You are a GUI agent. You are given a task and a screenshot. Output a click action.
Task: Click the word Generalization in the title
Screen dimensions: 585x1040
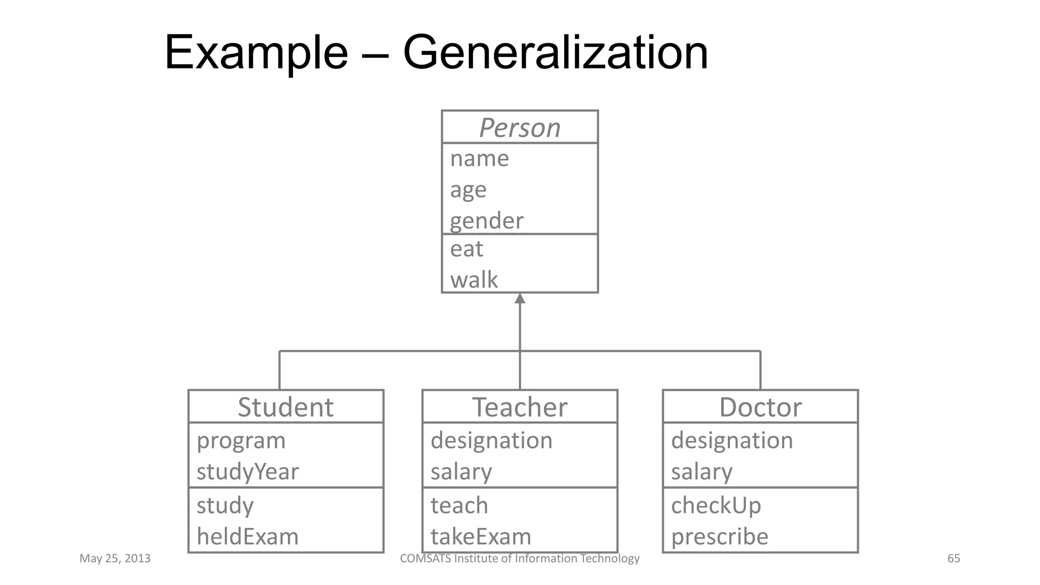pos(555,52)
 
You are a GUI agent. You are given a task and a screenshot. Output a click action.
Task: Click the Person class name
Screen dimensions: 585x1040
pos(519,127)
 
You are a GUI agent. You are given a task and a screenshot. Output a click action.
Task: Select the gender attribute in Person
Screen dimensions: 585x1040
pos(486,221)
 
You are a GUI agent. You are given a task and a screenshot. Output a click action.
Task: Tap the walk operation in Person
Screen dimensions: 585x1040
pos(474,280)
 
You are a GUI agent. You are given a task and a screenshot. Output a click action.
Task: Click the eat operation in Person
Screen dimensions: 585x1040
pos(466,249)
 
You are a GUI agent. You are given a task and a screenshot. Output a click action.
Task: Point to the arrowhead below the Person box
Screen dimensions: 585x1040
pos(519,299)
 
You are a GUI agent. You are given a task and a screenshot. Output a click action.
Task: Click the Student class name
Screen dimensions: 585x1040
pos(285,407)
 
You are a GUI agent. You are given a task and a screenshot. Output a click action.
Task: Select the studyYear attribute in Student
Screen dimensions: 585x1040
pos(247,472)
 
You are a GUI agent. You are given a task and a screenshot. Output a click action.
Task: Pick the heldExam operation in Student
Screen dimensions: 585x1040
pos(247,537)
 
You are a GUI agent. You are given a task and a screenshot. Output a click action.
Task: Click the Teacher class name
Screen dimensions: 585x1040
pos(519,407)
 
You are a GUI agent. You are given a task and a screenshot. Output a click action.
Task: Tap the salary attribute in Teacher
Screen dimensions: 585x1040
pos(461,472)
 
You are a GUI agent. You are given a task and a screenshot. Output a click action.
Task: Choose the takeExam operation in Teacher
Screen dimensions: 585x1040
pos(480,537)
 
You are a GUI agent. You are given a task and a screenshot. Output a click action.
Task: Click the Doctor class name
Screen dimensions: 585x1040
pos(760,407)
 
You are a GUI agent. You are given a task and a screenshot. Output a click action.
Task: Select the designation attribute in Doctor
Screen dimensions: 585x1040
pos(732,440)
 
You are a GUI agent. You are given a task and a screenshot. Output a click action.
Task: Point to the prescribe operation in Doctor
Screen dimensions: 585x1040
pos(720,537)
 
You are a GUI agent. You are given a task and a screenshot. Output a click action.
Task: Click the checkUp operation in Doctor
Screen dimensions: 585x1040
pos(716,506)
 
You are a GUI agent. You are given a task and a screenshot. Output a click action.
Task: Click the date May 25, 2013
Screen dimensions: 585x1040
pos(115,559)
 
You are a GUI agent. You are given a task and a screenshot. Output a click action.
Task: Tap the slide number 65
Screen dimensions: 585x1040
pos(954,559)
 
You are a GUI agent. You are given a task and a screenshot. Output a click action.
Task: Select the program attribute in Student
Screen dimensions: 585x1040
pos(241,441)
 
